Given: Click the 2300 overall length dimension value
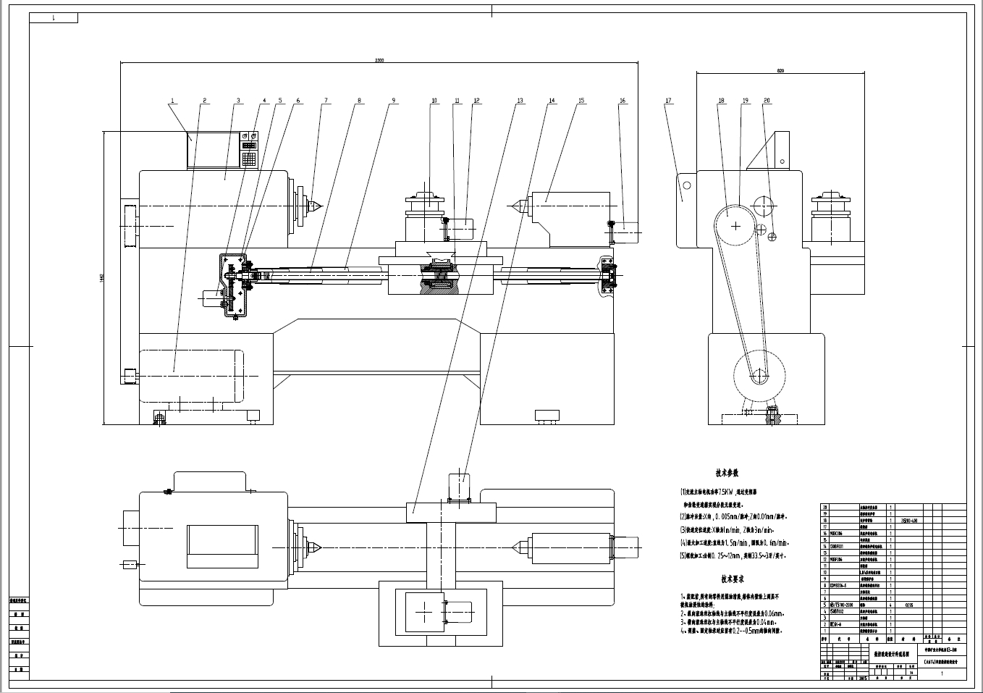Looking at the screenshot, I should click(379, 60).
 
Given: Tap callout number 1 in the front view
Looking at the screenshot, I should click(172, 101).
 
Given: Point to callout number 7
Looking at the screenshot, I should click(325, 101).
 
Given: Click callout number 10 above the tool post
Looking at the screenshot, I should click(434, 101).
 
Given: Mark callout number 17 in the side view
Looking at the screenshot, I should click(669, 101).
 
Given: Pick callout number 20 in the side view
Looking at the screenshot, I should click(767, 101).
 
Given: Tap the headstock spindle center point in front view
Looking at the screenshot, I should click(318, 207).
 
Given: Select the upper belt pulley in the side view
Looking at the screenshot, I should click(736, 226).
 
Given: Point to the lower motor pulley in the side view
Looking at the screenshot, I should click(759, 376).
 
